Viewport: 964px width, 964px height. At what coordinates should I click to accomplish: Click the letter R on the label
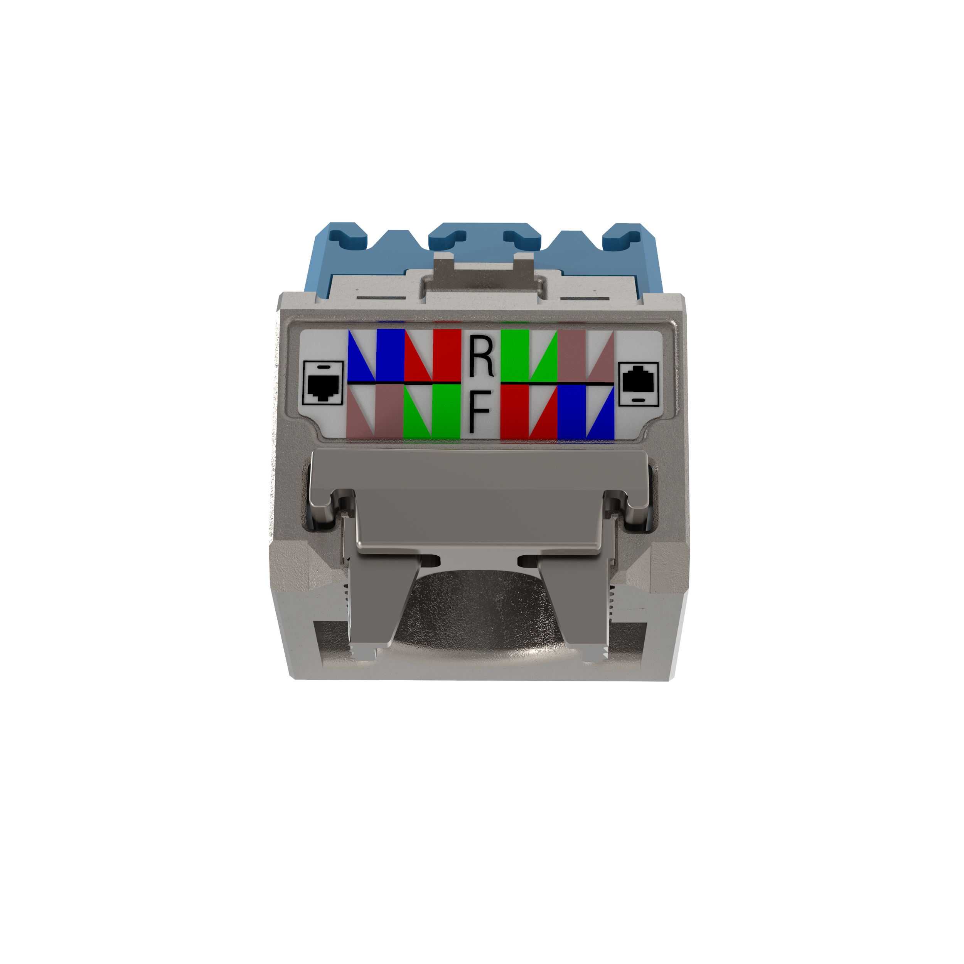click(481, 356)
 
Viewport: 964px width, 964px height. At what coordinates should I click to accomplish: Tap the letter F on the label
click(480, 411)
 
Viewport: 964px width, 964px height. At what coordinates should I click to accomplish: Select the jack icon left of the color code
click(323, 383)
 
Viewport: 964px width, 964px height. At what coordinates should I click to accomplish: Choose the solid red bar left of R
click(447, 355)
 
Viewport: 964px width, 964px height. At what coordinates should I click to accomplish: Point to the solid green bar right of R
click(514, 355)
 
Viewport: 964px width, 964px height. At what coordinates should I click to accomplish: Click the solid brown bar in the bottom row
click(389, 412)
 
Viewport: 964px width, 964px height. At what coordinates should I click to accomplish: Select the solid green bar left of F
click(447, 412)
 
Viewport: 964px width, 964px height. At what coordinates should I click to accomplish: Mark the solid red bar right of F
click(514, 412)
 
